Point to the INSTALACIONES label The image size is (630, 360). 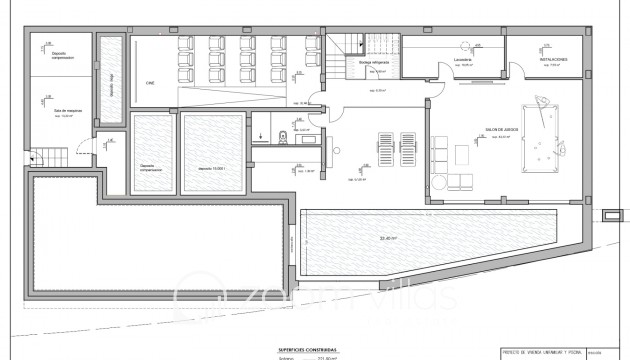pyautogui.click(x=555, y=60)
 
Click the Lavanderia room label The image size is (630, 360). pyautogui.click(x=462, y=60)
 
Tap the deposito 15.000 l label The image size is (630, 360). pyautogui.click(x=212, y=168)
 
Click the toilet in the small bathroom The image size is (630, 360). pyautogui.click(x=285, y=137)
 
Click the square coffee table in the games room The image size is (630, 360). pyautogui.click(x=461, y=155)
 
